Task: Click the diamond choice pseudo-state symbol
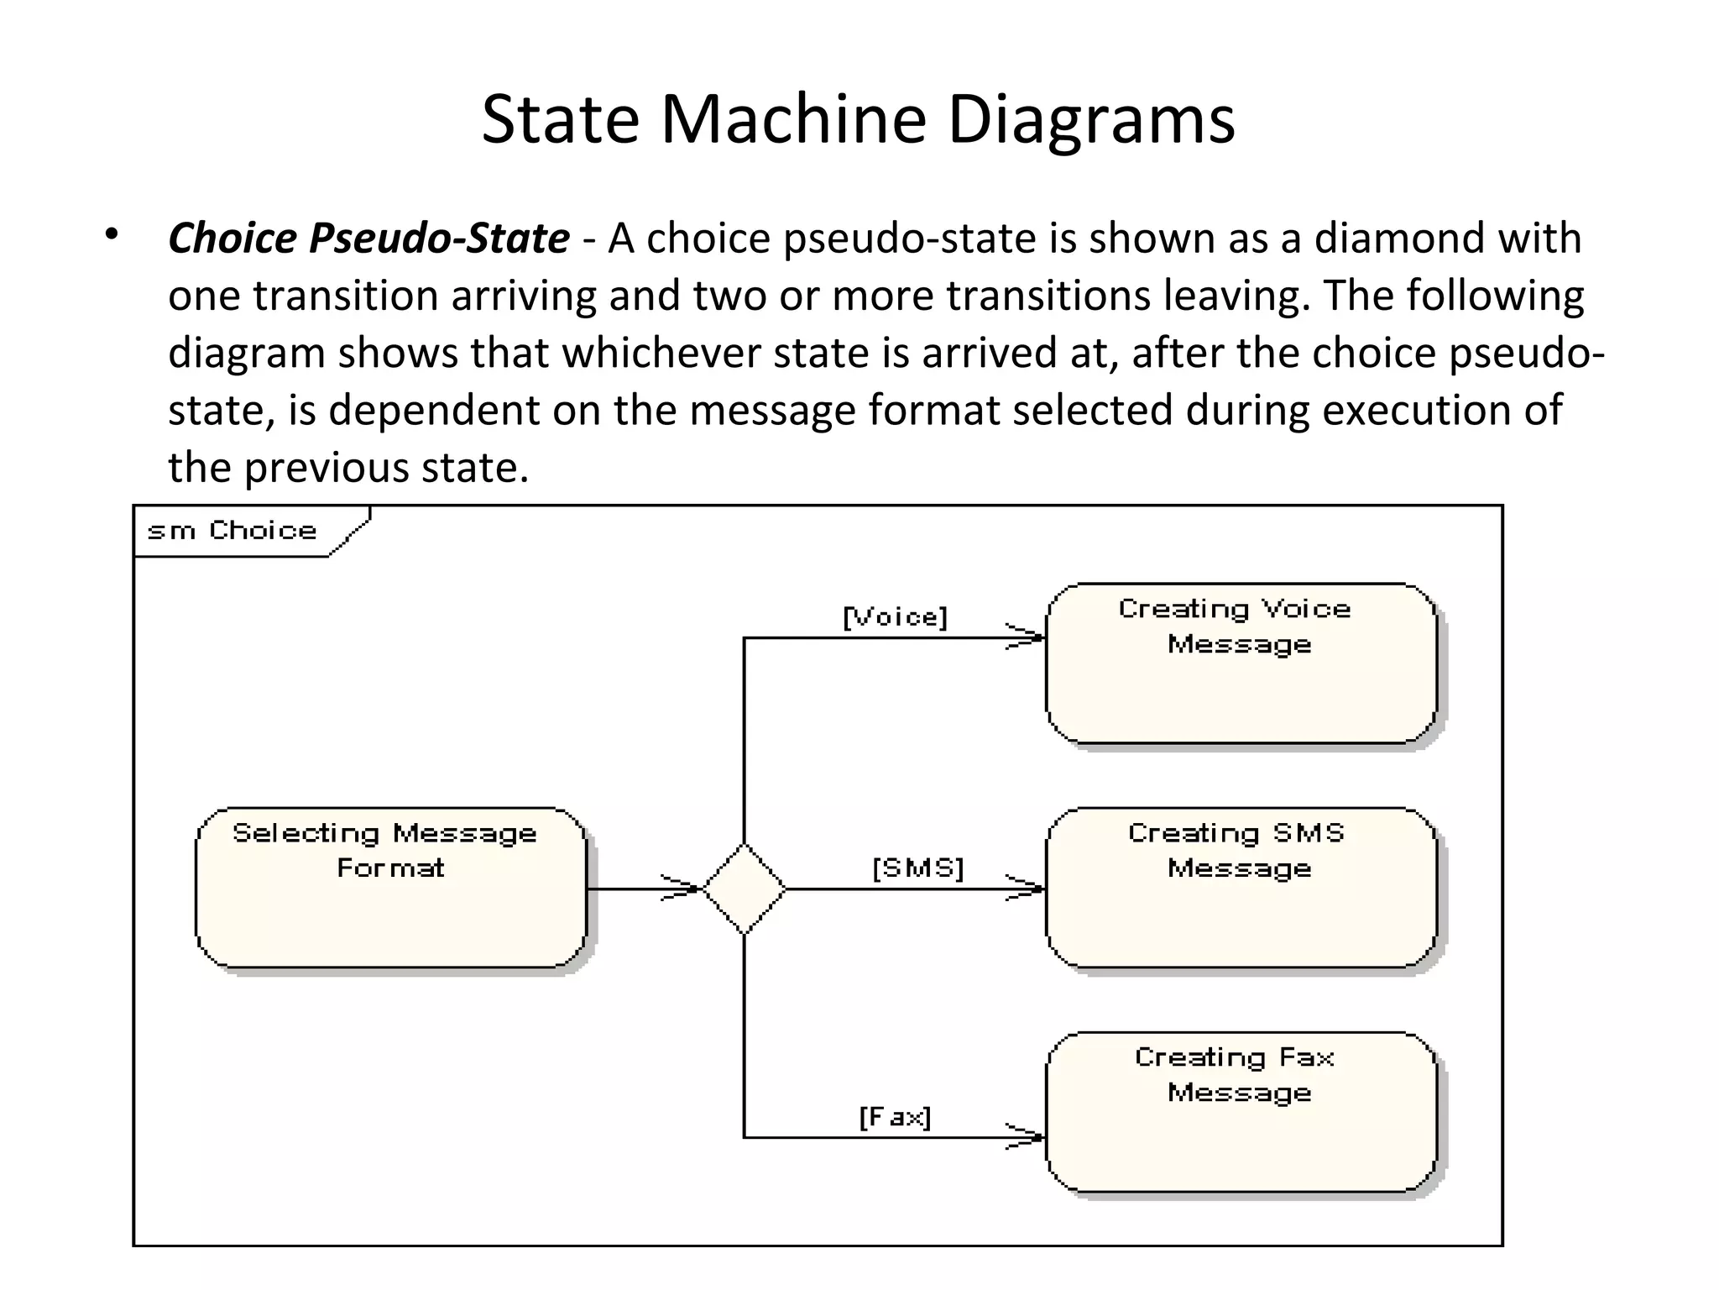pos(744,889)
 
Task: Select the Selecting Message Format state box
pos(391,888)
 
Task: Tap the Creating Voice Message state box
pos(1241,663)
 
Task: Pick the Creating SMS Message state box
pos(1241,888)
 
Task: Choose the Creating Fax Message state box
pos(1241,1112)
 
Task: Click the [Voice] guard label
pos(895,618)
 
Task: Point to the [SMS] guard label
pos(917,868)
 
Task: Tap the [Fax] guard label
pos(895,1117)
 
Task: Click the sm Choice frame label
pos(232,531)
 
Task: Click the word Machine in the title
pos(793,119)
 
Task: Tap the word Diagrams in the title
pos(1090,119)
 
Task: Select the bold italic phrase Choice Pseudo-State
pos(368,239)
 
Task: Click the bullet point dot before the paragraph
pos(112,236)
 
